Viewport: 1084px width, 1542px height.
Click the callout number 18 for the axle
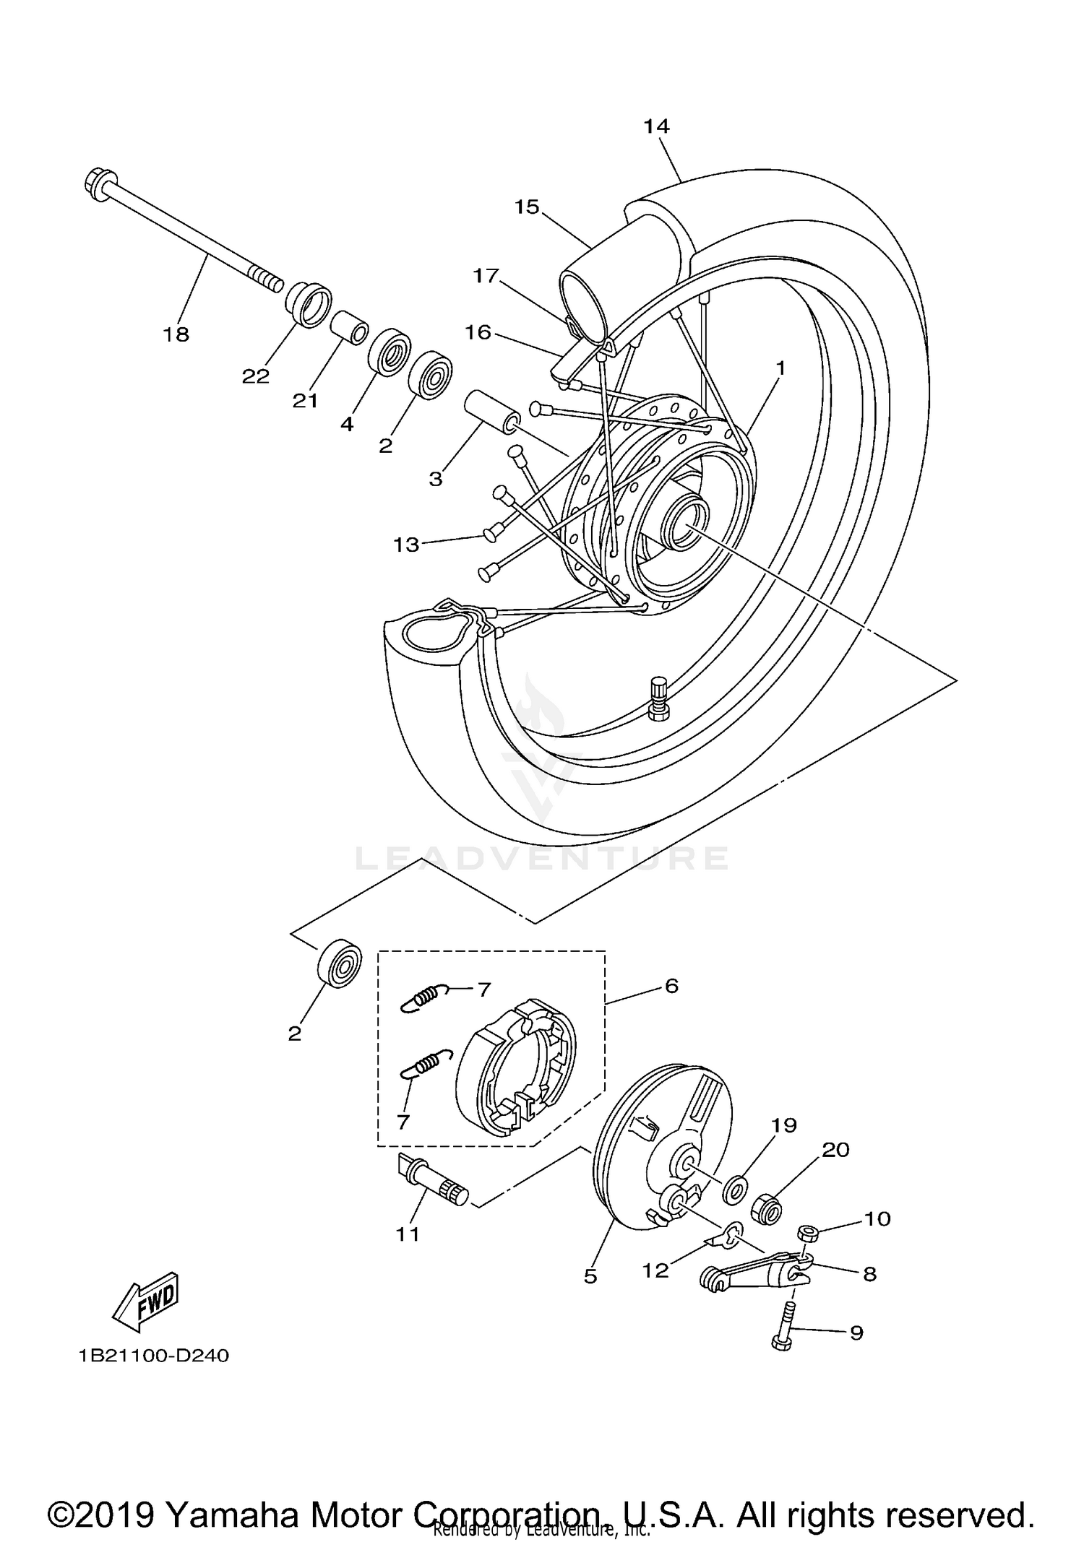click(176, 334)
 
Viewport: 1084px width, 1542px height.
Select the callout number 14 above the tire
click(656, 126)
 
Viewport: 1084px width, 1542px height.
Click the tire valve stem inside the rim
click(658, 697)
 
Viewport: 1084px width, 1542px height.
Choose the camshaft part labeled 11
click(433, 1180)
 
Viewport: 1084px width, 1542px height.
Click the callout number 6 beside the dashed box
click(671, 986)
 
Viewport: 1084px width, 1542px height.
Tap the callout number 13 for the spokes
click(405, 544)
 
